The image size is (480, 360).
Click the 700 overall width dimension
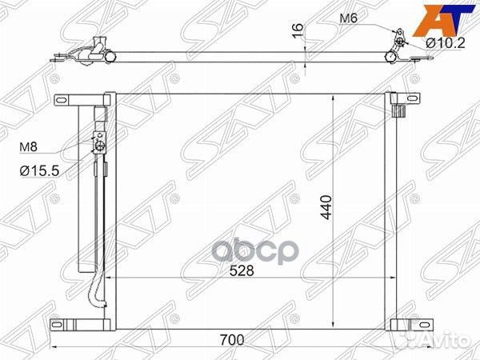[x=232, y=340]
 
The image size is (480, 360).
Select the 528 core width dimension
[x=242, y=270]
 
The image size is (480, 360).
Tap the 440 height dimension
[x=326, y=207]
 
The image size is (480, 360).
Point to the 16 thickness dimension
[x=298, y=31]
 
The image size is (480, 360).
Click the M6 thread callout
[x=348, y=18]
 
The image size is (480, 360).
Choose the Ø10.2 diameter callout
[x=446, y=43]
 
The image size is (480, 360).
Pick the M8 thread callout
[x=28, y=147]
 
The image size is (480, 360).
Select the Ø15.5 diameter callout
[x=39, y=171]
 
